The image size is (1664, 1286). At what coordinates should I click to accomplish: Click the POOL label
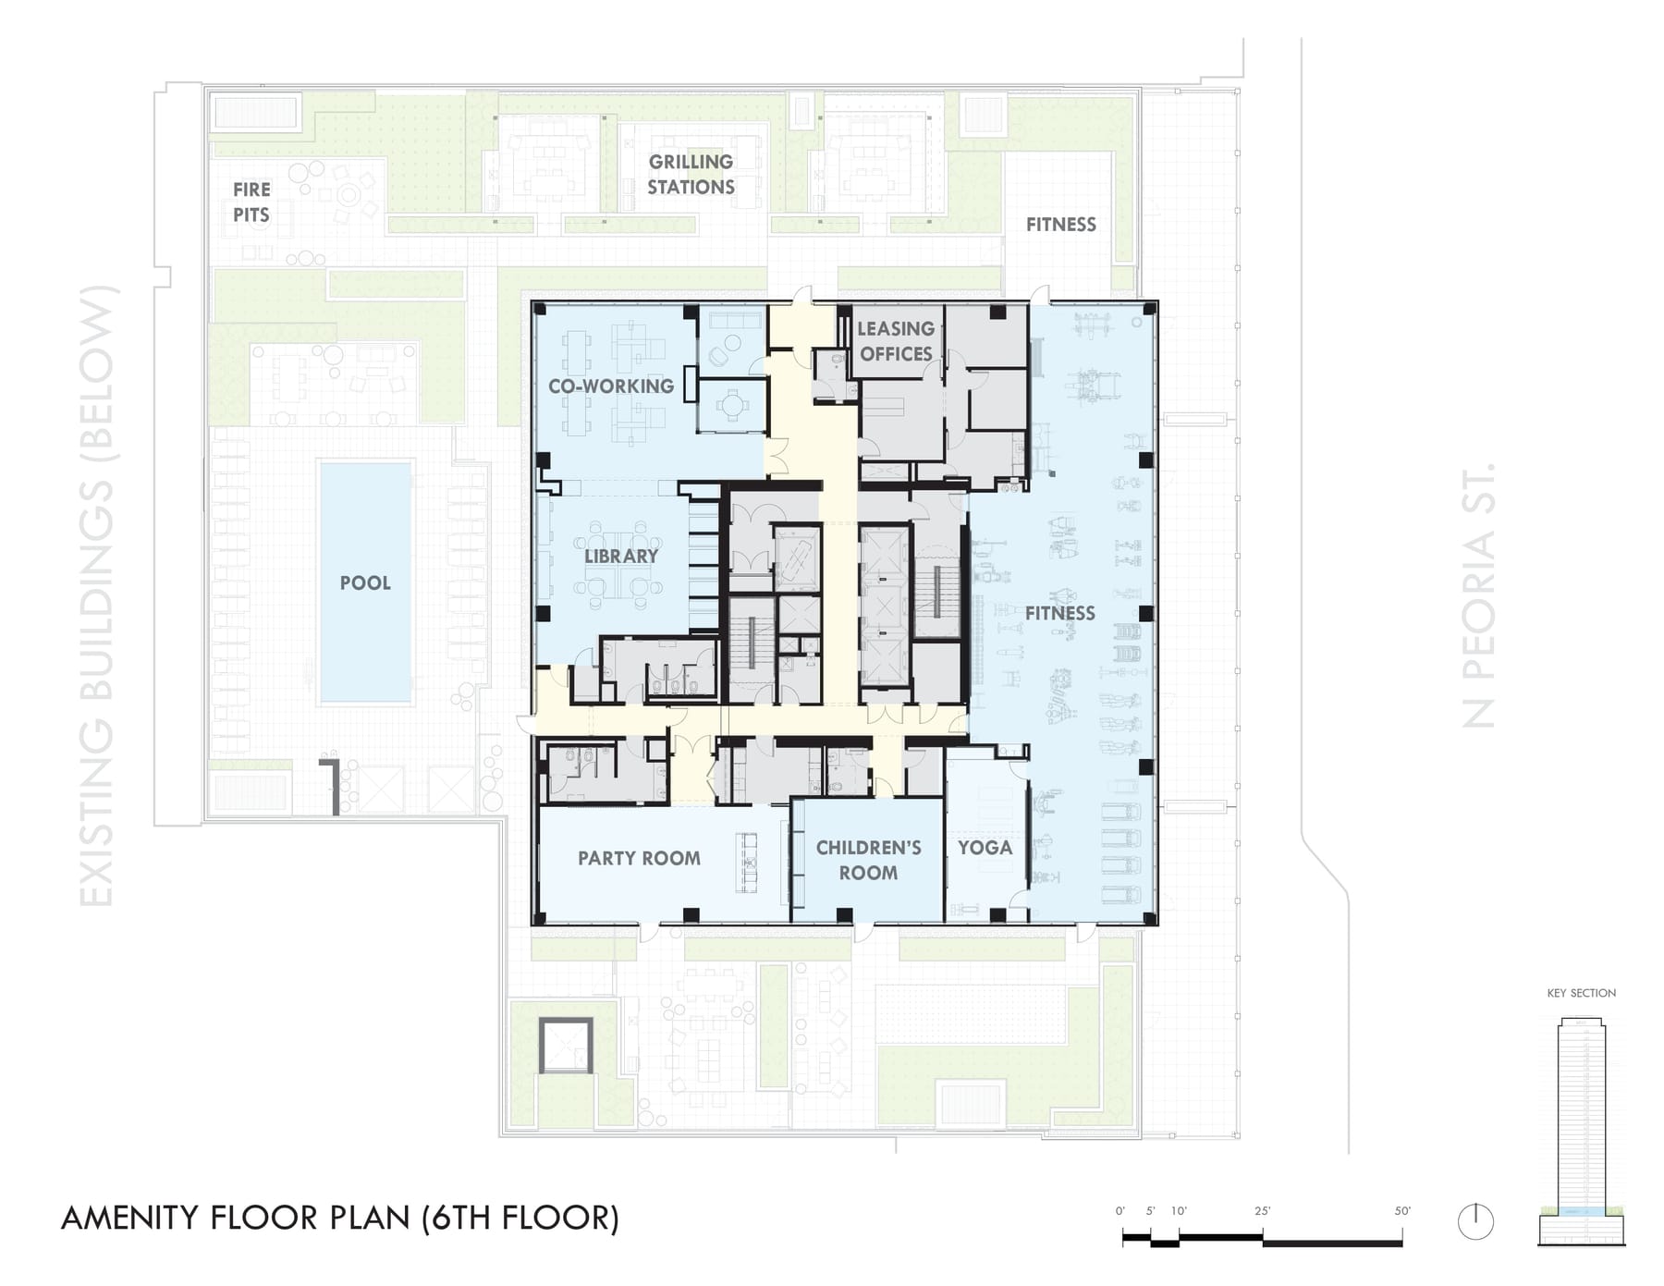pos(365,583)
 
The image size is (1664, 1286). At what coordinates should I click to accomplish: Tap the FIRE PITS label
pos(251,202)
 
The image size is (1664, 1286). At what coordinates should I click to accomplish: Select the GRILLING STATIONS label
pos(691,174)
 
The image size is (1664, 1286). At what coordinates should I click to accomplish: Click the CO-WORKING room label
pos(611,386)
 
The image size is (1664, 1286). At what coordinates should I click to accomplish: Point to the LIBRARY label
pos(621,556)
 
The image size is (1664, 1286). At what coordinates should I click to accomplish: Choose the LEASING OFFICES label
pos(896,341)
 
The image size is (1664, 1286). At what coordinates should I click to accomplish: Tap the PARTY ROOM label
pos(639,858)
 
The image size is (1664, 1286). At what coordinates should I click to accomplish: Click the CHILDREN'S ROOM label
pos(868,860)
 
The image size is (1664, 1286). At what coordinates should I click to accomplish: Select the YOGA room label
pos(985,848)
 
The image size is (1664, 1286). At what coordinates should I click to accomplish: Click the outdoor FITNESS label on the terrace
pos(1060,225)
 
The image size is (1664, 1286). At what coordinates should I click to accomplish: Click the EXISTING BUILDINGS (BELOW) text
pos(98,596)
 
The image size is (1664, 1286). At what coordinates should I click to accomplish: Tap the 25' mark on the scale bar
pos(1263,1211)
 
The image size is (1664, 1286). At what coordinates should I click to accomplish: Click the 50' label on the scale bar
pos(1402,1211)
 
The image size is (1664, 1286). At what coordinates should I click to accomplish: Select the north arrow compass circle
pos(1475,1221)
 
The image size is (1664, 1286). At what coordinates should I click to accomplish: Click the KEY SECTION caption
pos(1582,993)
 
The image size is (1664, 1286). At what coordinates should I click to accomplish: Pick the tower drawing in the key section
pos(1582,1132)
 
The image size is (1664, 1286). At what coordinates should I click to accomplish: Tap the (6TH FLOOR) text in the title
pos(520,1219)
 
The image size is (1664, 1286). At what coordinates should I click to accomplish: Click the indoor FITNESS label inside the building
pos(1059,613)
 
